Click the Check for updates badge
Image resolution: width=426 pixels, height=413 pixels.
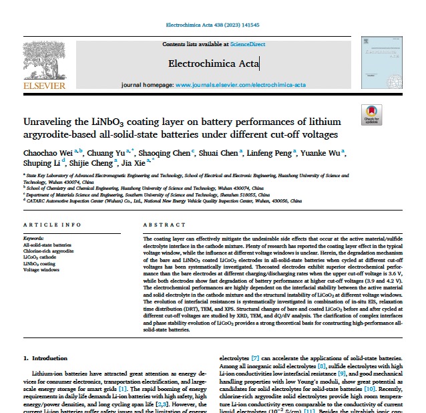pyautogui.click(x=371, y=115)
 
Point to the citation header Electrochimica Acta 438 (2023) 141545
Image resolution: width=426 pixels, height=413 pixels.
pyautogui.click(x=213, y=25)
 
